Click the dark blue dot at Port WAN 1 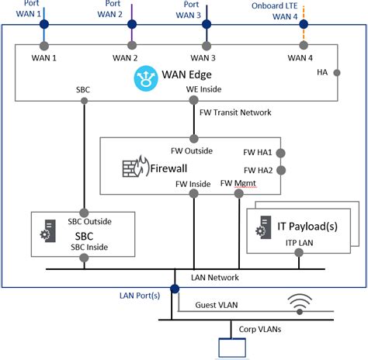tap(44, 25)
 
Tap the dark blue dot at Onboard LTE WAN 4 tap(304, 25)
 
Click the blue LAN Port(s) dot tap(175, 289)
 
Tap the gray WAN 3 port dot tap(207, 45)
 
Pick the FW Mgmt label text tap(238, 183)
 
